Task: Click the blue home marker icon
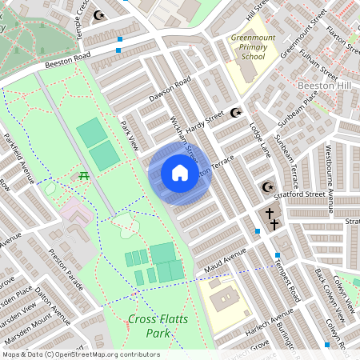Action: point(179,173)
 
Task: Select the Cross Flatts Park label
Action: point(150,326)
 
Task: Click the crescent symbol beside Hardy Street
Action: point(235,113)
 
